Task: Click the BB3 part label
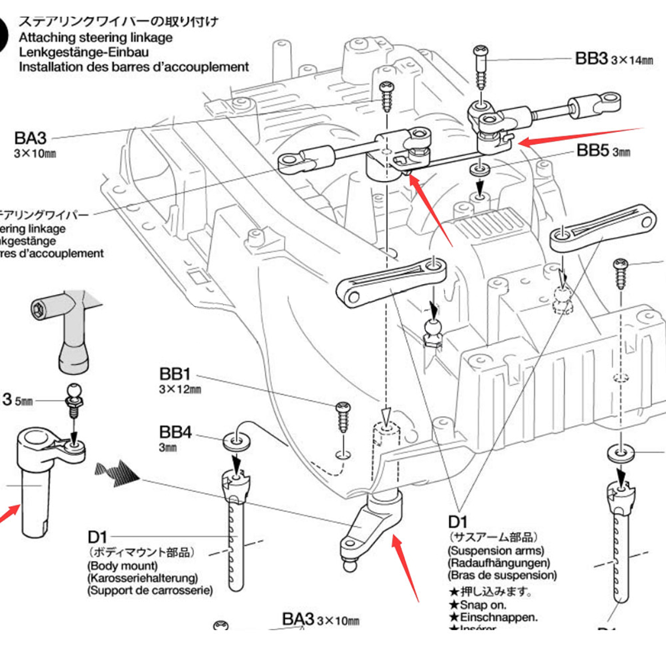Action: (592, 58)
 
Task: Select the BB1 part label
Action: (175, 374)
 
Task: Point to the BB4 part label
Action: (175, 432)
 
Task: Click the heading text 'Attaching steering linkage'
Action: (95, 38)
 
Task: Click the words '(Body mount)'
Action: (122, 566)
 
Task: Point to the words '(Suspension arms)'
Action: (496, 551)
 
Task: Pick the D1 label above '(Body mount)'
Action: (97, 537)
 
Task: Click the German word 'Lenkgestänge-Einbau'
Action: (84, 52)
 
